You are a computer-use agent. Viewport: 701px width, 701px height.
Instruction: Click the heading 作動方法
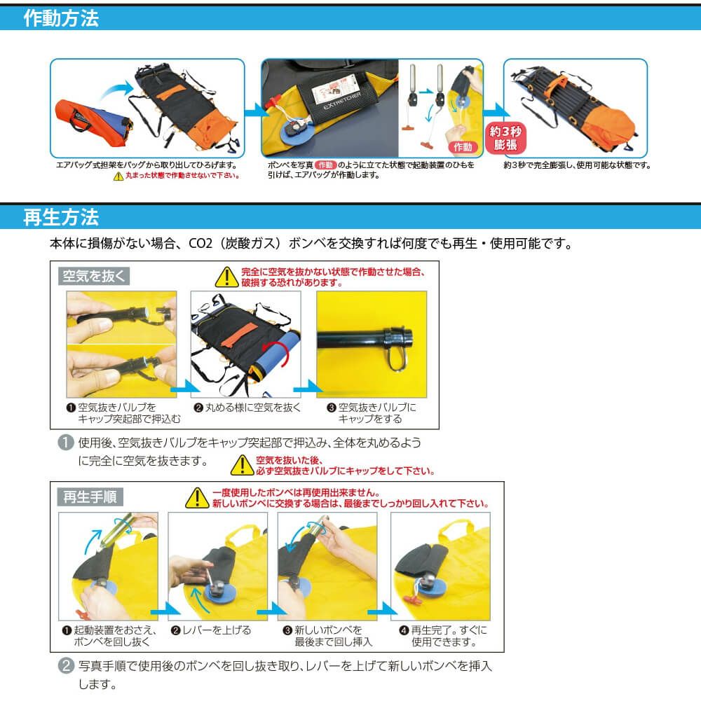tap(61, 18)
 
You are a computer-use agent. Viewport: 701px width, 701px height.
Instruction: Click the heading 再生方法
tap(61, 217)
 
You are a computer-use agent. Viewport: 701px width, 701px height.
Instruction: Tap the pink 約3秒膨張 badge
tap(505, 138)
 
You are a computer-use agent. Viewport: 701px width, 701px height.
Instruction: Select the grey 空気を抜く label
tap(94, 276)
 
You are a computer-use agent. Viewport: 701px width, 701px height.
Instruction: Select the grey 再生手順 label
tap(90, 497)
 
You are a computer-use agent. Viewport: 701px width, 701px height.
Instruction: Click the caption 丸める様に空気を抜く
tap(248, 408)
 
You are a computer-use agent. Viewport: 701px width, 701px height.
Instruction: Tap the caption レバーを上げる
tap(211, 630)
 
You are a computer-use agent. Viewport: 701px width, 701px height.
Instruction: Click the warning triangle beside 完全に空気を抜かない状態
tap(227, 277)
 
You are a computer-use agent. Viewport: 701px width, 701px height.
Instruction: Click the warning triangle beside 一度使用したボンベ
tap(197, 498)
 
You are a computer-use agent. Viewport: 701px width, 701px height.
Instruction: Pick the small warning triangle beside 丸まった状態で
tap(118, 176)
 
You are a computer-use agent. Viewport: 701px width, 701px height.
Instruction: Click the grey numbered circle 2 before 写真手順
tap(66, 666)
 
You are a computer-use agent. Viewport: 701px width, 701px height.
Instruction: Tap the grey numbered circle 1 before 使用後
tap(66, 443)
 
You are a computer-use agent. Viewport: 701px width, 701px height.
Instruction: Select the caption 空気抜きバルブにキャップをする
tap(372, 413)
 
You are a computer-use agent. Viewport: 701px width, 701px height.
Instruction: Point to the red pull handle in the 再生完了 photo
tap(412, 600)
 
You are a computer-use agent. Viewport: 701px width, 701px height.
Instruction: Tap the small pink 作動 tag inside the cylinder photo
tap(463, 147)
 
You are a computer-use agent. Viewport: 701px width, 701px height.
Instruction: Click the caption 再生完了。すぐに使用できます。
tap(443, 636)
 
